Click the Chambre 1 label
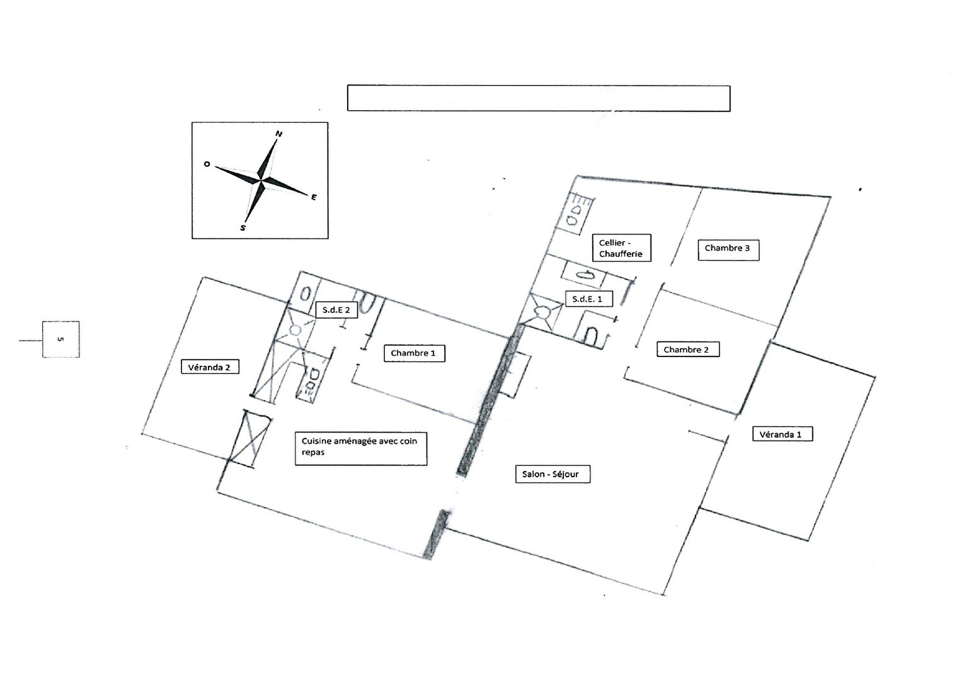click(x=413, y=353)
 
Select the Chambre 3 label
click(x=727, y=249)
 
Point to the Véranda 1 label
click(x=781, y=434)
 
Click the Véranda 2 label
click(x=209, y=367)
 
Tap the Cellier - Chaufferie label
click(x=621, y=248)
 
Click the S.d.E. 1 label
click(x=587, y=299)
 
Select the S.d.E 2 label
click(x=336, y=310)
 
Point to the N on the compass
click(x=278, y=133)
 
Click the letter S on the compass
click(x=243, y=228)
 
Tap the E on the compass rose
click(x=314, y=197)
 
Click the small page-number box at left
click(x=60, y=339)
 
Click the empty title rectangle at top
click(x=538, y=98)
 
